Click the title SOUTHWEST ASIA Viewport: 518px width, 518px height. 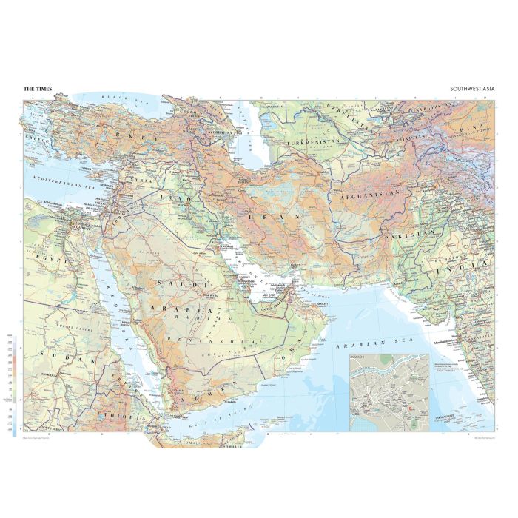(471, 89)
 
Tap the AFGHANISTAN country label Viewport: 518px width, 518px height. (368, 197)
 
